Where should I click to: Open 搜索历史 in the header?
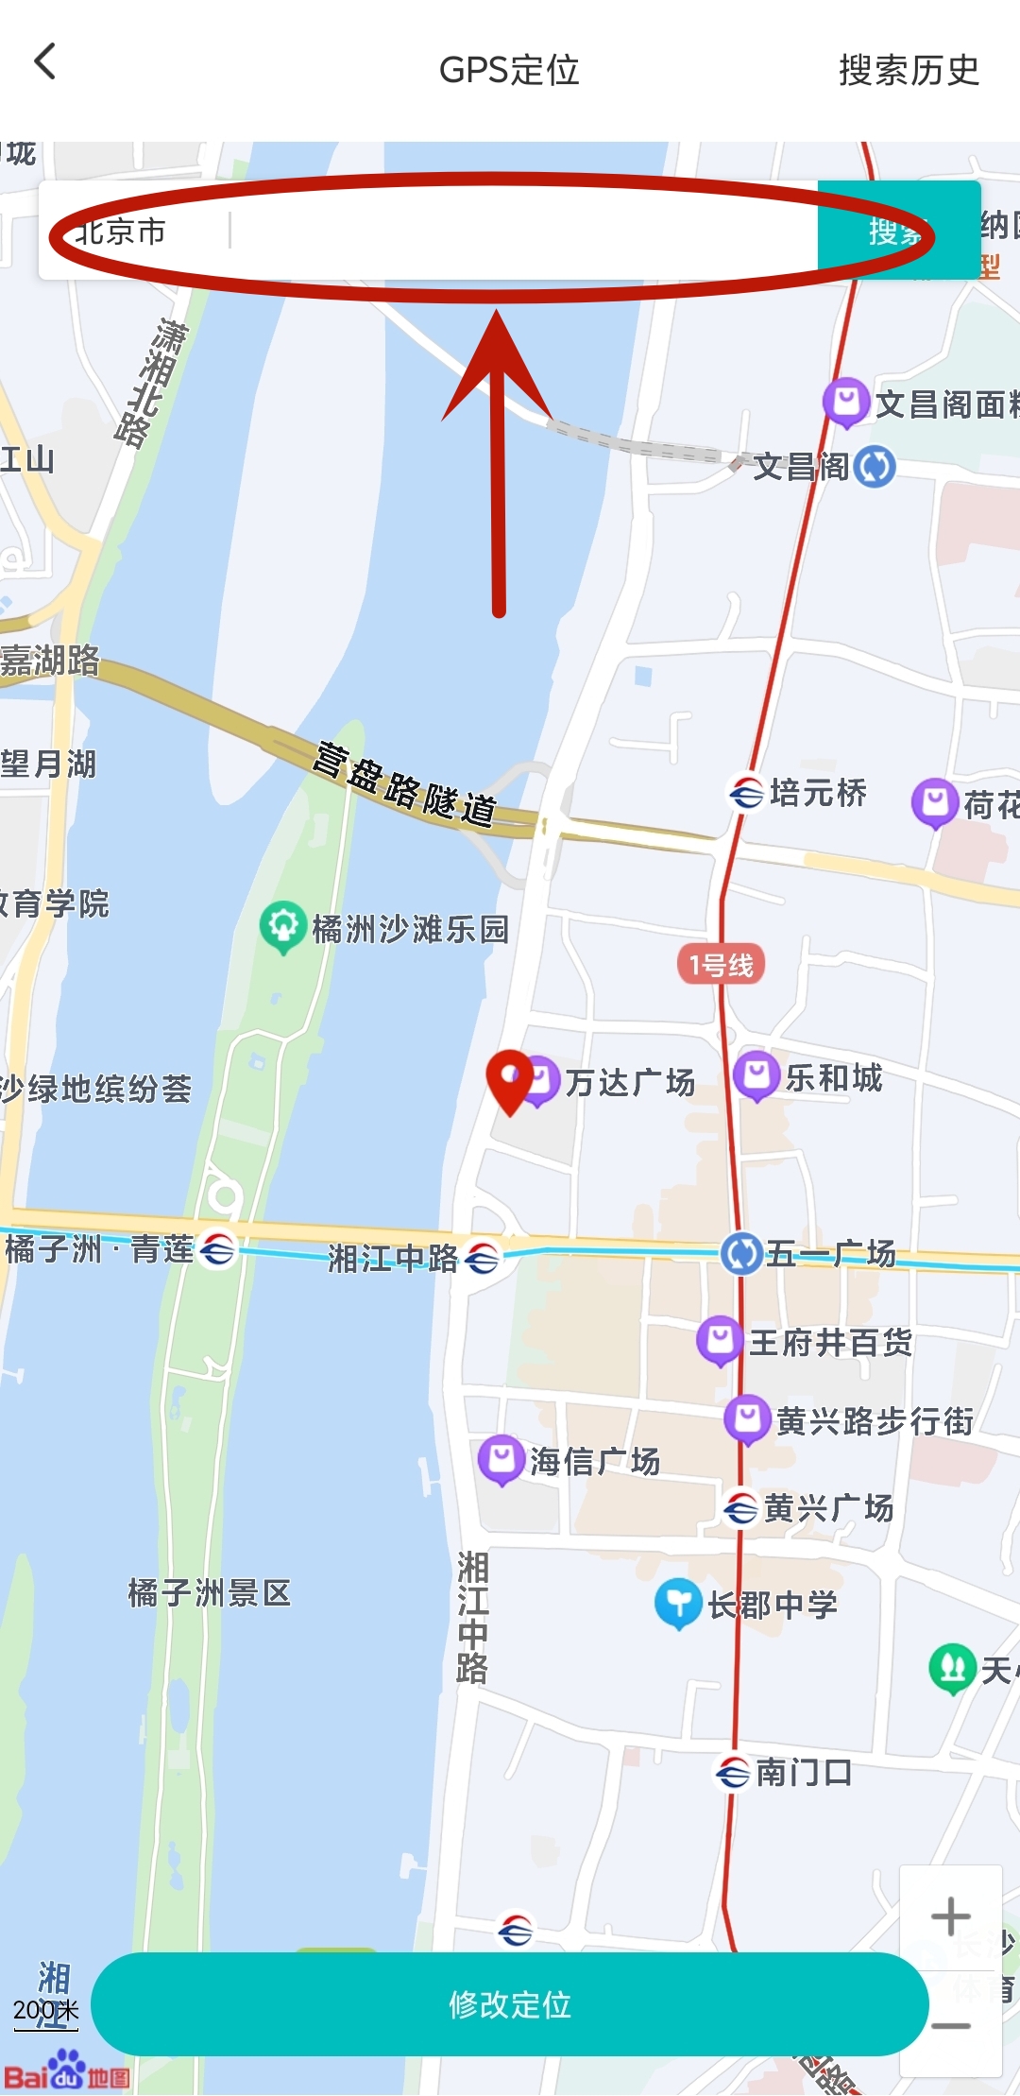[x=909, y=70]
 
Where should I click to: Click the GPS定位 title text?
[x=509, y=70]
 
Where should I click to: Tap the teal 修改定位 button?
[x=509, y=2004]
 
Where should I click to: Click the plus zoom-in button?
[x=950, y=1917]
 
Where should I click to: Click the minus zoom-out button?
[x=950, y=2025]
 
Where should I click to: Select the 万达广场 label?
[x=630, y=1082]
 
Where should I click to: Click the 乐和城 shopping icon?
[x=756, y=1076]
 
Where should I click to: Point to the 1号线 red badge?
[x=722, y=965]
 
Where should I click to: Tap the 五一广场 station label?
[x=830, y=1254]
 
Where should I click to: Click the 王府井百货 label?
[x=830, y=1342]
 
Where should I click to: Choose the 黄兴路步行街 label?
[x=874, y=1420]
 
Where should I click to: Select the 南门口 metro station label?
[x=804, y=1773]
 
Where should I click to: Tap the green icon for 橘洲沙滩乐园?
[x=282, y=927]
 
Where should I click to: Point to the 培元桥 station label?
[x=818, y=793]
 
